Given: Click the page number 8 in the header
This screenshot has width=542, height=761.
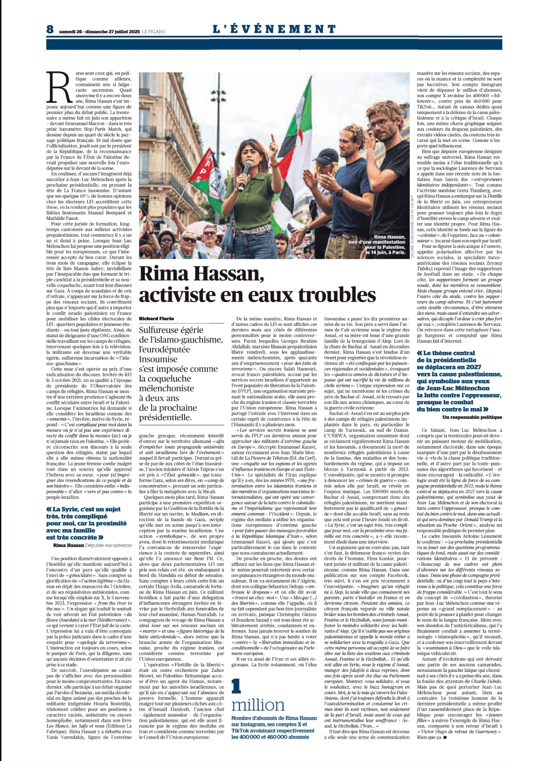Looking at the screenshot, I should click(x=50, y=29).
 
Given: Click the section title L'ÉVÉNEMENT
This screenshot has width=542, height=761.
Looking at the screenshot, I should click(x=275, y=29).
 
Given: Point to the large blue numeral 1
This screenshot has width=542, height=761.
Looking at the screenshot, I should click(x=236, y=685).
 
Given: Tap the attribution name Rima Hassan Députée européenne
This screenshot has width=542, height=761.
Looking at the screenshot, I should click(x=93, y=545).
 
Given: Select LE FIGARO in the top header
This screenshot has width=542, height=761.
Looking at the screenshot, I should click(x=154, y=32).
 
